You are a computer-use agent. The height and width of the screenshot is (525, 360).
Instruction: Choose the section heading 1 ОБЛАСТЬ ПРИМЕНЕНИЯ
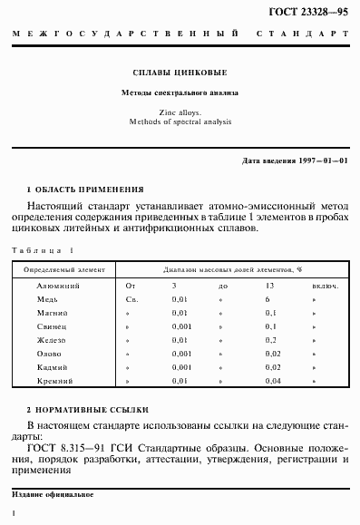pos(85,190)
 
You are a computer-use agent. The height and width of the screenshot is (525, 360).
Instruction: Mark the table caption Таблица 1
pos(43,249)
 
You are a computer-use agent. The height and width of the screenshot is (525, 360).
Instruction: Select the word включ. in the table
pos(325,286)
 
